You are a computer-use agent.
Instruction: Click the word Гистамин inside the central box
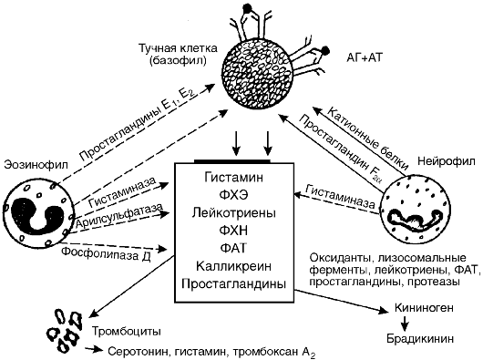point(234,178)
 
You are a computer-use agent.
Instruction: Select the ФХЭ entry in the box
point(234,195)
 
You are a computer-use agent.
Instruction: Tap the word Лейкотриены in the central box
point(234,212)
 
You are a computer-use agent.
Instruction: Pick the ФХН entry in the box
point(234,231)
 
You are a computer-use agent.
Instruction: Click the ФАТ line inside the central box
point(234,248)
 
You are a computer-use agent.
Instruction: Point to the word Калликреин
point(234,266)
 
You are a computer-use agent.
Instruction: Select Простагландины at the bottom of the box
point(234,284)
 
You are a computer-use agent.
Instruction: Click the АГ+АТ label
point(365,57)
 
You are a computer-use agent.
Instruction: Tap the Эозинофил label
point(36,165)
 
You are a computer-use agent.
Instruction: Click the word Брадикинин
point(420,339)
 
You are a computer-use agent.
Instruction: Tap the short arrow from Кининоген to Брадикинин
point(406,323)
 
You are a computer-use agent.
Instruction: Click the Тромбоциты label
point(127,332)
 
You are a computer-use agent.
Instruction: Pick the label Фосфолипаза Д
point(106,253)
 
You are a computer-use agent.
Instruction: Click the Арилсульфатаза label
point(119,216)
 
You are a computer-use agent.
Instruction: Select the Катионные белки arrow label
point(368,139)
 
